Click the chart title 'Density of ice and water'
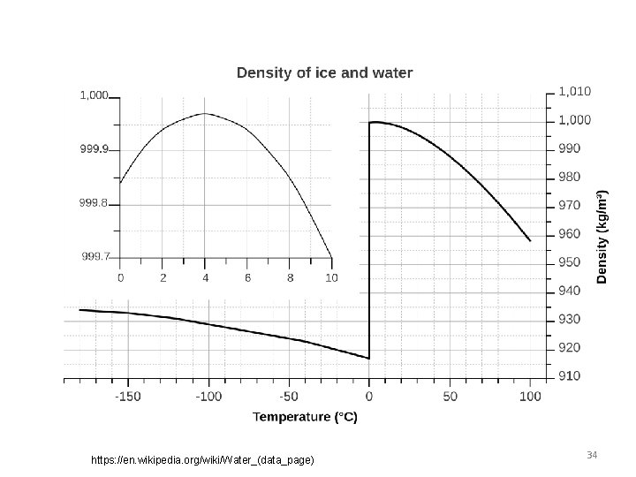pos(324,72)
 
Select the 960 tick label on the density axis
pos(570,234)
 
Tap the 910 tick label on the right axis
pos(570,376)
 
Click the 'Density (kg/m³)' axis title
pos(602,237)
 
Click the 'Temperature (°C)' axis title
pos(306,417)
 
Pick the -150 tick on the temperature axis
pos(128,397)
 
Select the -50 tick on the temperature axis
pos(288,397)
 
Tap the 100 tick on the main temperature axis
pos(530,397)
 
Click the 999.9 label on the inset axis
pos(94,149)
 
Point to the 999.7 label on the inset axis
pos(96,257)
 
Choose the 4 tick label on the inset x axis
pos(205,277)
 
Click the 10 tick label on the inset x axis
pos(331,277)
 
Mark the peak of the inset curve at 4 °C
pos(205,113)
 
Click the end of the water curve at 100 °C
pos(530,240)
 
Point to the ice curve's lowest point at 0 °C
pos(368,359)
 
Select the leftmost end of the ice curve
pos(79,310)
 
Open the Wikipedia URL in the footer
pos(202,460)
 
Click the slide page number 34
pos(592,454)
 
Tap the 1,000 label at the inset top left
pos(95,95)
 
